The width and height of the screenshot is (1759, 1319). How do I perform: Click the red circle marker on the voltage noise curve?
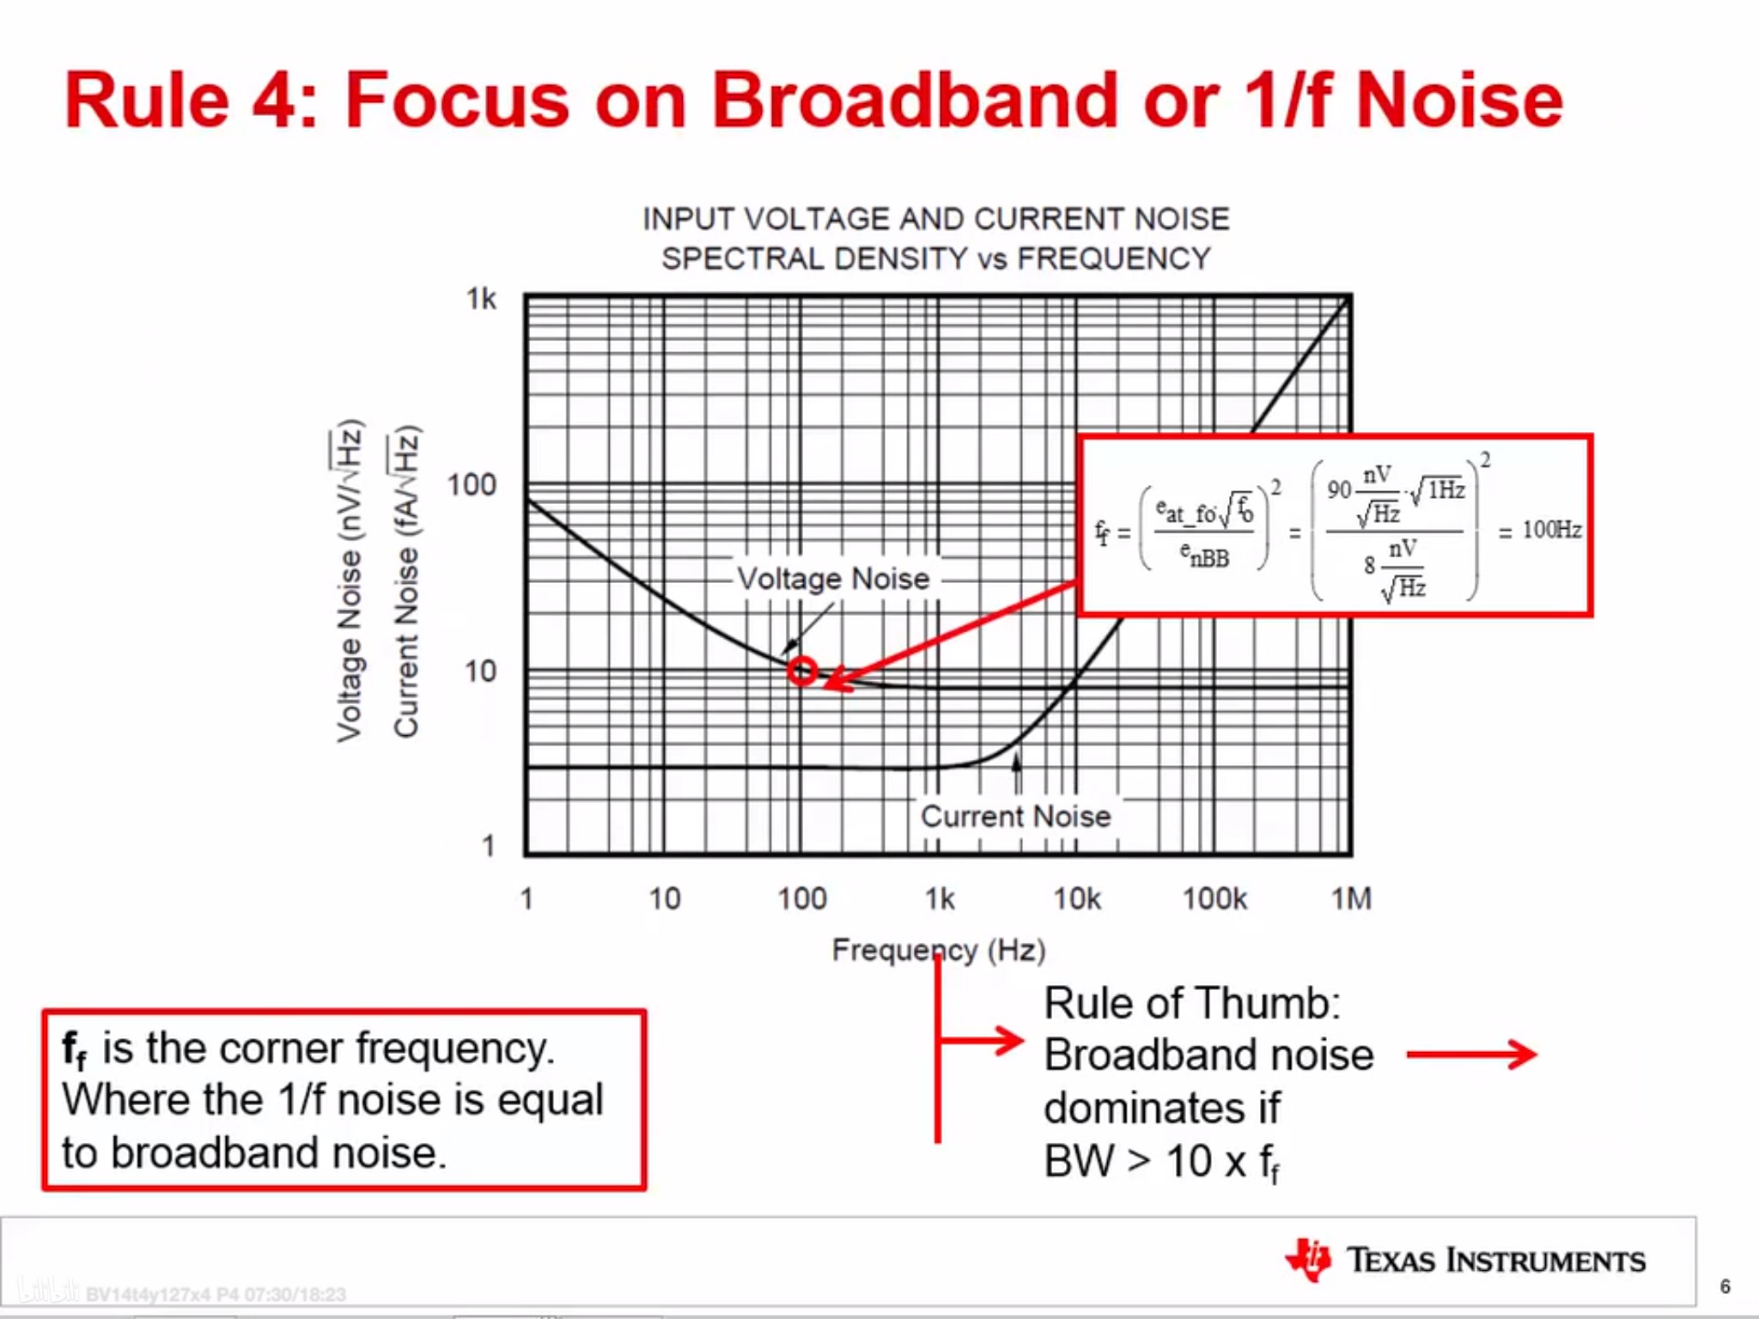802,671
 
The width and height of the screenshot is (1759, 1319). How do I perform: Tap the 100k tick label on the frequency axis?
1214,899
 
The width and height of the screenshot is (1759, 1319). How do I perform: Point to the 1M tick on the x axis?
1351,899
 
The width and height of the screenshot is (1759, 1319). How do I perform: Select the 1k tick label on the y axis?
481,299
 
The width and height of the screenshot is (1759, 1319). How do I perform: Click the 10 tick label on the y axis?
481,671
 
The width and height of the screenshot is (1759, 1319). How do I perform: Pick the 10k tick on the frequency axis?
1077,899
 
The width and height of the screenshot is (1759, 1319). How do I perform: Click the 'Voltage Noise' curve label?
833,579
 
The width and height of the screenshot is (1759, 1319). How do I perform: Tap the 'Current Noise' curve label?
1016,816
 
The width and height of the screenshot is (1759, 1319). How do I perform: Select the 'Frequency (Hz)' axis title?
939,951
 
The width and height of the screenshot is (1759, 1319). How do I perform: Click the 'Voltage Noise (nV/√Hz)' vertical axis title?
348,581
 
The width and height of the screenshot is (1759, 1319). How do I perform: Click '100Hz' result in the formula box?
1551,530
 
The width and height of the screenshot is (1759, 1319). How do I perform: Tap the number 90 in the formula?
1339,489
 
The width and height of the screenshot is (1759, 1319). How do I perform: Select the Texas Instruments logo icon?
1308,1260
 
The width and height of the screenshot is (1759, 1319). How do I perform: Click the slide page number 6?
1725,1286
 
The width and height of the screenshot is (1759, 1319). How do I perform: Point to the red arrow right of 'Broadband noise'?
1472,1055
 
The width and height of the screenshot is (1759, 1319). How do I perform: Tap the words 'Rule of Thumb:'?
1192,1003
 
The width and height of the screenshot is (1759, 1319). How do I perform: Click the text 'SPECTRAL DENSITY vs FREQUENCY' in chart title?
936,258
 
